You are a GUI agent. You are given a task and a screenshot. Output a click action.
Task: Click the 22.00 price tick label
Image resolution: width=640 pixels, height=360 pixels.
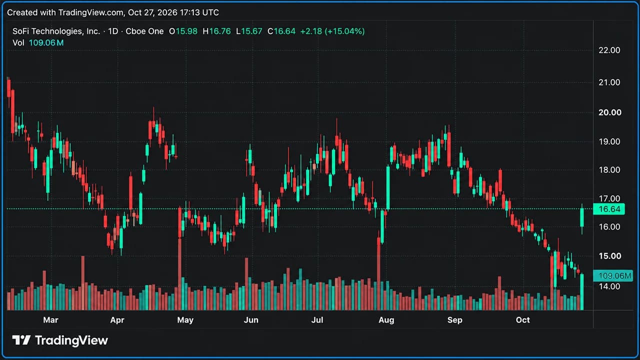tap(609, 50)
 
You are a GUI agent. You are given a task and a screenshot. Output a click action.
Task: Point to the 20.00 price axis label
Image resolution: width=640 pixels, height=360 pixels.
tap(609, 112)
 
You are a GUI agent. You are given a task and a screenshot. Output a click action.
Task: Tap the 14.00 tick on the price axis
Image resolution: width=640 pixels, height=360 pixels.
tap(609, 286)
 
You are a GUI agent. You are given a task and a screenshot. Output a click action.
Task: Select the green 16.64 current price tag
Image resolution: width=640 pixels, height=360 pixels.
tap(609, 209)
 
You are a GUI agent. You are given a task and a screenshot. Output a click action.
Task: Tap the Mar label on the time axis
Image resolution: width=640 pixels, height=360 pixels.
tap(50, 320)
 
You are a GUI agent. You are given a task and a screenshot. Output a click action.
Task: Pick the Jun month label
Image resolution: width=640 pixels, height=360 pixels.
tap(251, 320)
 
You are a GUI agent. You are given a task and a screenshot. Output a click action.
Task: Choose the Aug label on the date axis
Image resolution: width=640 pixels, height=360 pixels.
tap(386, 320)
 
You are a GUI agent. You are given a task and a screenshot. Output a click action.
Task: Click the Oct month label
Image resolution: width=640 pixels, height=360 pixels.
tap(522, 320)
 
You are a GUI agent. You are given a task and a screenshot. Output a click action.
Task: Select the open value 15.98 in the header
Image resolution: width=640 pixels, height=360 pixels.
tap(186, 31)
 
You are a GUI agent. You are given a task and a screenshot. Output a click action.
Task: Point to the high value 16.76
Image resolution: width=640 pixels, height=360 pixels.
tap(219, 31)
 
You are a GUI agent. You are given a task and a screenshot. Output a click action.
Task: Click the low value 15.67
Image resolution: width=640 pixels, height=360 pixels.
tap(251, 31)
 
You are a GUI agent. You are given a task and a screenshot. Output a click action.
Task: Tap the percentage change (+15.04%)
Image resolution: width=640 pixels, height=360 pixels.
tap(344, 31)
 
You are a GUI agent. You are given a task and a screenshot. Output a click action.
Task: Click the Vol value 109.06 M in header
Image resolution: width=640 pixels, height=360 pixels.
tap(46, 43)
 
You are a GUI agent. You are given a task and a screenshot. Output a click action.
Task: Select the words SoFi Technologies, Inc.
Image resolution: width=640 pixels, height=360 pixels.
tap(56, 31)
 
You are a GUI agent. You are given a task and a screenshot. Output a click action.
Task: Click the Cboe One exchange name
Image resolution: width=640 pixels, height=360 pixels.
tap(144, 31)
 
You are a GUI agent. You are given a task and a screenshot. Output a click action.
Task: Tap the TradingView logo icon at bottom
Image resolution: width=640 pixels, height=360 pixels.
tap(21, 340)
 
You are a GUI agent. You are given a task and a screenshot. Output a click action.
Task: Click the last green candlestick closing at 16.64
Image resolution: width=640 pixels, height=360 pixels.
tap(582, 217)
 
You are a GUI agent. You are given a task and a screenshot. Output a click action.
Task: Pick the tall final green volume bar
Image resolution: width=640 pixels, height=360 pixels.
tap(582, 292)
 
